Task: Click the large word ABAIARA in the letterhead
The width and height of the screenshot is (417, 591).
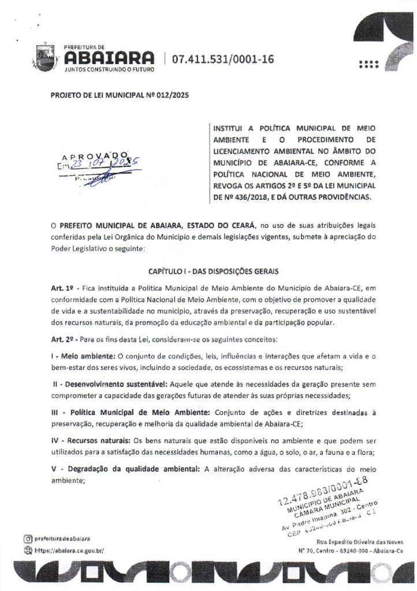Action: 110,57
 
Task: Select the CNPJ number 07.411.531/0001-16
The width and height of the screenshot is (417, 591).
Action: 220,58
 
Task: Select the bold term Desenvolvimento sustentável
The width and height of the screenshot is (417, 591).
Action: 114,384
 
